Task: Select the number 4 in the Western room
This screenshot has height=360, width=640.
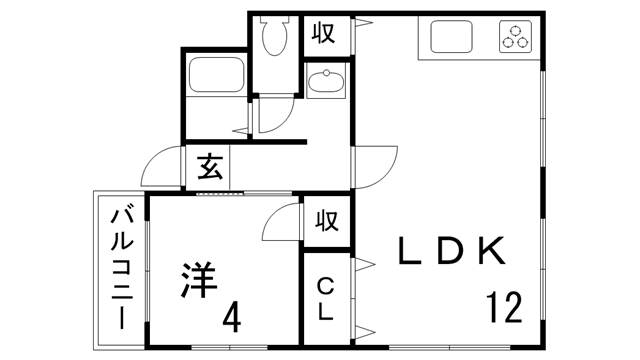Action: point(231,317)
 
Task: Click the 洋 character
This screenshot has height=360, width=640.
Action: point(198,278)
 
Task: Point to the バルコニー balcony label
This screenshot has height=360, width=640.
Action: point(121,264)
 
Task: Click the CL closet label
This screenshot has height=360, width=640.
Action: point(326,299)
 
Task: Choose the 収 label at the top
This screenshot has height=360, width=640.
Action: point(324,34)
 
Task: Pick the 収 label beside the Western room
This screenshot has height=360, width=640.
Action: point(325,219)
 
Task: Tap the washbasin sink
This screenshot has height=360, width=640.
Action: point(325,86)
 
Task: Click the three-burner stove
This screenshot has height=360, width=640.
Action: point(516,38)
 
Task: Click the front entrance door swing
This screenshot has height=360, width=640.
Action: point(160,167)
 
